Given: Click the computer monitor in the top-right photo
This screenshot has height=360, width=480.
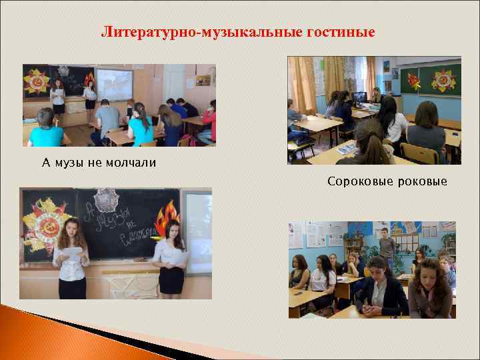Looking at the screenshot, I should click(361, 99).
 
